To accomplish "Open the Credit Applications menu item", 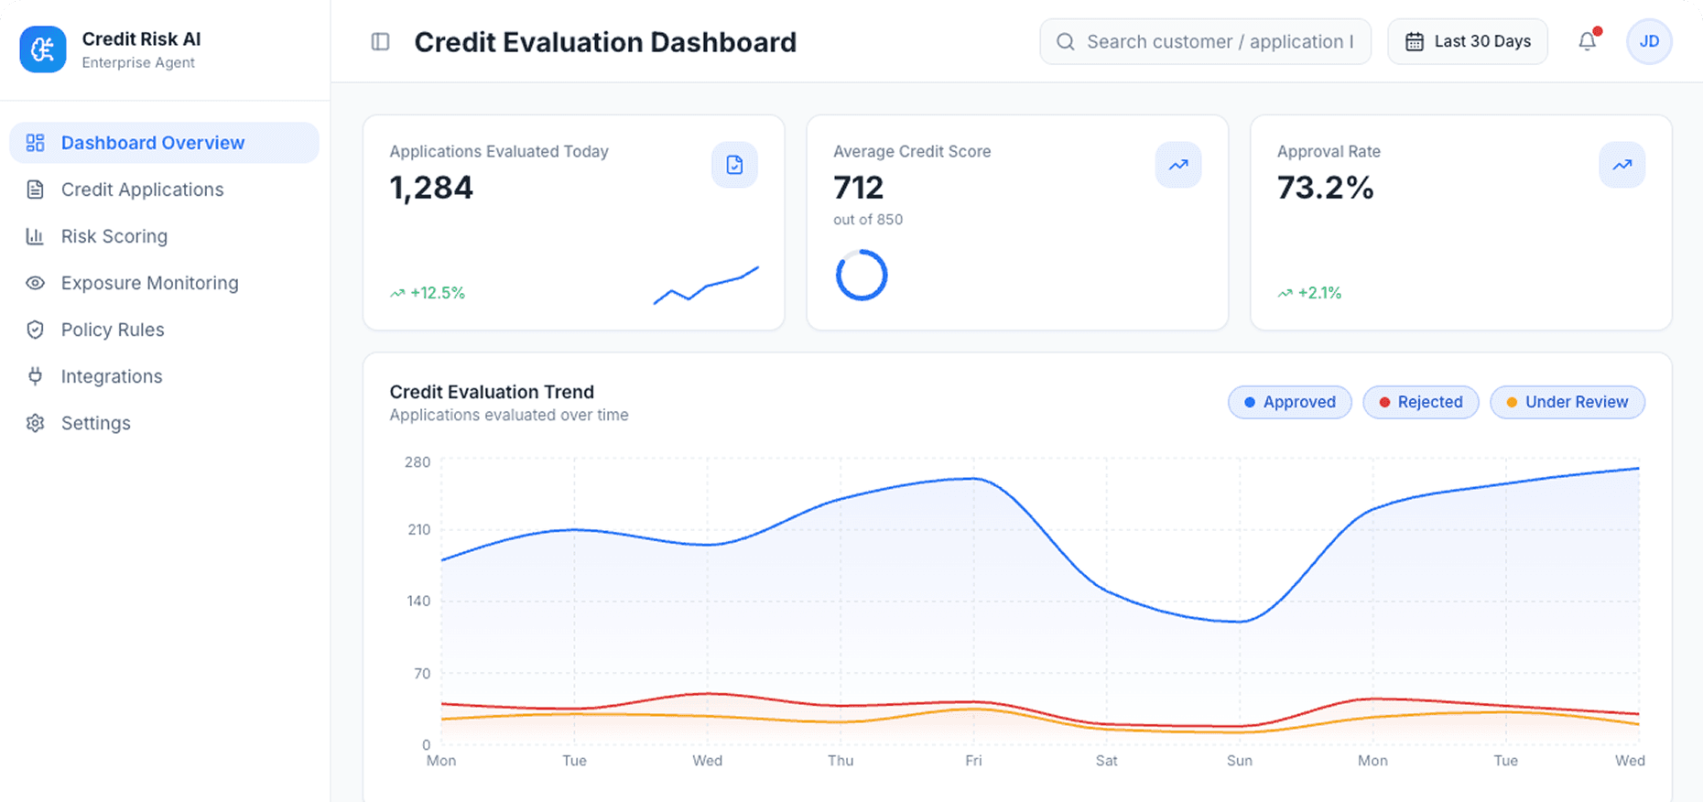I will tap(142, 190).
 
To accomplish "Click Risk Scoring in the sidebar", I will tap(114, 236).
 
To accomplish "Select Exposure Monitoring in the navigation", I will tap(149, 283).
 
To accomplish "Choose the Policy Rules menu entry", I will tap(113, 330).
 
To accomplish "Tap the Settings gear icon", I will tap(36, 423).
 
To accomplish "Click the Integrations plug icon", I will tap(36, 376).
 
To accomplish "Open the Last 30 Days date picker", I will tap(1468, 42).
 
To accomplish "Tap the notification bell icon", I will tap(1588, 42).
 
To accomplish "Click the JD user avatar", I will tap(1649, 42).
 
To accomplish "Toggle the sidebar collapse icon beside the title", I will tap(381, 42).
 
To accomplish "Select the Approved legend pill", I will tap(1289, 402).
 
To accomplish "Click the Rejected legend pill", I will tap(1420, 402).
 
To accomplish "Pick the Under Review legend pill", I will tap(1567, 402).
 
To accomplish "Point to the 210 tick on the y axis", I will tap(418, 529).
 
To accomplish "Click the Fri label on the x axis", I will tap(973, 761).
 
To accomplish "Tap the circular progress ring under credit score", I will tap(862, 275).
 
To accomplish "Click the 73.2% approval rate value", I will tap(1325, 188).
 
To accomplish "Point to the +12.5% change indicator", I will tap(428, 293).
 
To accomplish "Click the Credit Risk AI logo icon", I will tap(43, 49).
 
